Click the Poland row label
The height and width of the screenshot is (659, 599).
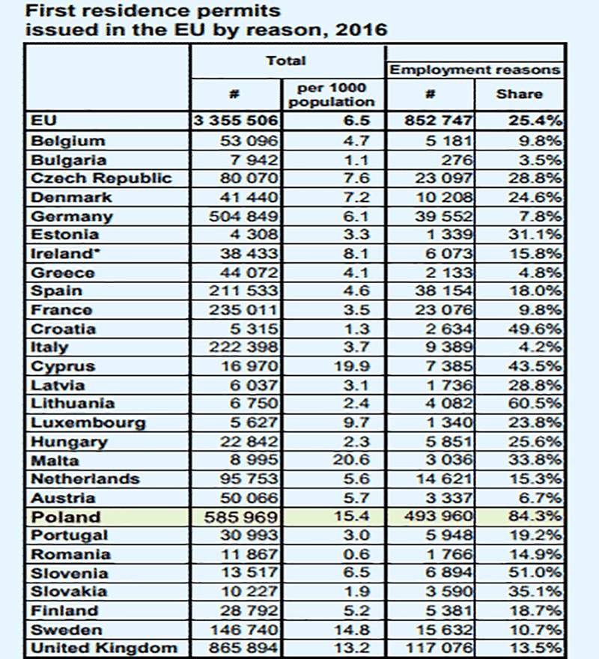coord(66,517)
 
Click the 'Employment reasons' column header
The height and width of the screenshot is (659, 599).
coord(475,70)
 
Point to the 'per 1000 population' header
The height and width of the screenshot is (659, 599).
coord(331,95)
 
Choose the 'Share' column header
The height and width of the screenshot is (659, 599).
coord(519,94)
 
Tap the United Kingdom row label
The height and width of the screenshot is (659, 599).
coord(103,648)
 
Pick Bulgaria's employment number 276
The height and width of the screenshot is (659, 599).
coord(459,160)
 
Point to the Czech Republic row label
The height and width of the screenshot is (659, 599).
coord(101,178)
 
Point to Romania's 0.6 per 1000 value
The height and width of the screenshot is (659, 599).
coord(355,554)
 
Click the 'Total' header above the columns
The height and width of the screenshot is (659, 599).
coord(286,61)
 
